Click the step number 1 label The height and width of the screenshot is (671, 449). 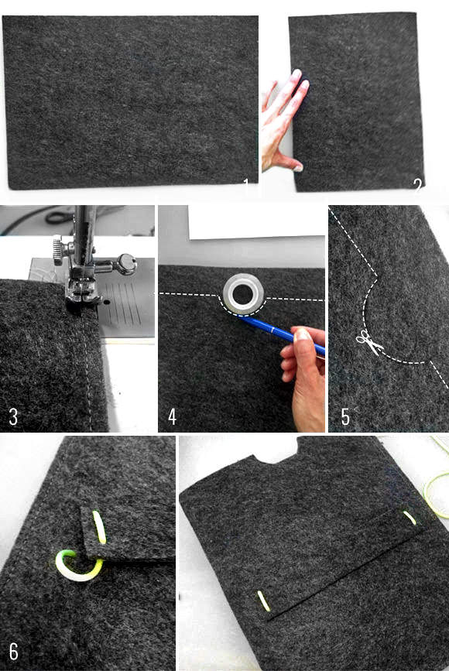coord(245,185)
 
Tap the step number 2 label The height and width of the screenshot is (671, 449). coord(418,185)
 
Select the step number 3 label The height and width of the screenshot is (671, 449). coord(13,417)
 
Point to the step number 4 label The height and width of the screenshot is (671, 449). coord(172,417)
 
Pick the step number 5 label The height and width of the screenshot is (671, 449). coord(345,417)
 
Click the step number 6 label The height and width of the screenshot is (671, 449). coord(14,652)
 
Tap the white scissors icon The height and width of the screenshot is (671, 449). coord(369,342)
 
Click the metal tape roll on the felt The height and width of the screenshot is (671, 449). coord(243,294)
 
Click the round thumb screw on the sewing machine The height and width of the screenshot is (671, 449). coord(127,264)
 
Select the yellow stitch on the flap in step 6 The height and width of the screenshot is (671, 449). coord(99,527)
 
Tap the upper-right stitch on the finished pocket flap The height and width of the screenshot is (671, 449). coord(410,518)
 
